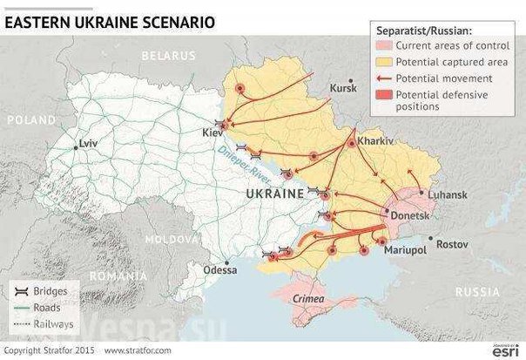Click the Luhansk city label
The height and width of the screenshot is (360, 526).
click(442, 197)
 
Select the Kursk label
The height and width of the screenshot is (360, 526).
click(344, 87)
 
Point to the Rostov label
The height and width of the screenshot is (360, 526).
click(452, 243)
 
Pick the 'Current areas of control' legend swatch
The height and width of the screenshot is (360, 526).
click(382, 45)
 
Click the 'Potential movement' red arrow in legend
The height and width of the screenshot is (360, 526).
click(382, 77)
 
